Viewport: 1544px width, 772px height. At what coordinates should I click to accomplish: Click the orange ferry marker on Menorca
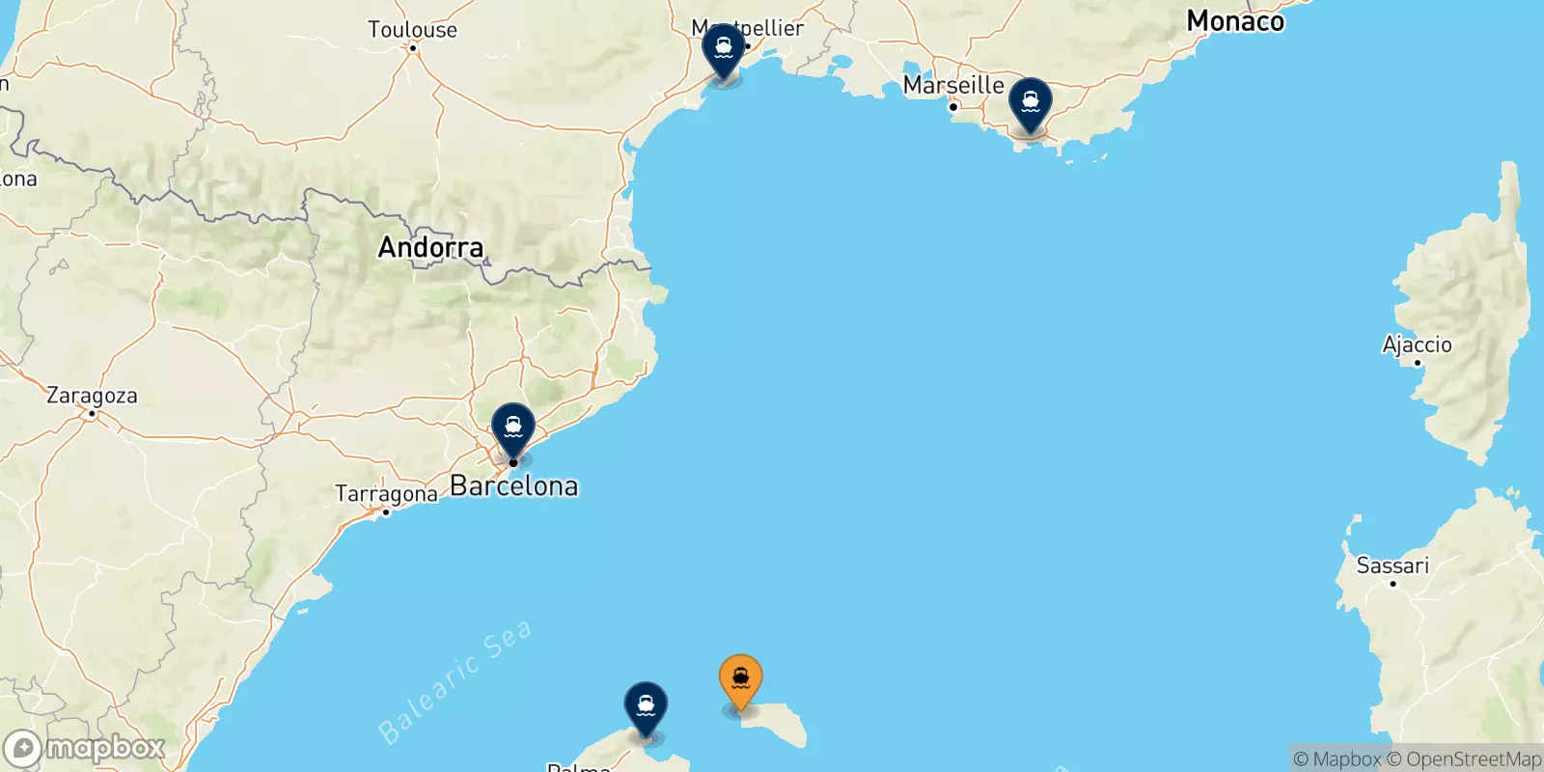tap(740, 679)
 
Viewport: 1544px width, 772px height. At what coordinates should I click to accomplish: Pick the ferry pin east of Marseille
tap(1031, 103)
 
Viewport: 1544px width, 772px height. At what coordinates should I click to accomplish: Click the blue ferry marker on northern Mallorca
tap(646, 707)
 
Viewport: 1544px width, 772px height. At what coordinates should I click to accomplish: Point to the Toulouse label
tap(412, 29)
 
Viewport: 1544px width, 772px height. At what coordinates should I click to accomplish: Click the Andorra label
tap(430, 247)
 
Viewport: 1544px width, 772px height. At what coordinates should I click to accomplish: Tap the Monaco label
tap(1235, 21)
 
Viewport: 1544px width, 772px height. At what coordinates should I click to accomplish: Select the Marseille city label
tap(953, 85)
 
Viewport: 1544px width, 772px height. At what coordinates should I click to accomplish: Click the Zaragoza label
tap(92, 396)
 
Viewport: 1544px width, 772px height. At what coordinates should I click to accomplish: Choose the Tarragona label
tap(386, 494)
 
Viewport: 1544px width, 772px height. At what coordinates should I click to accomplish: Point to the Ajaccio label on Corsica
tap(1417, 345)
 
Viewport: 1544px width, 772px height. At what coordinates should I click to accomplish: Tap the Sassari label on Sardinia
tap(1392, 565)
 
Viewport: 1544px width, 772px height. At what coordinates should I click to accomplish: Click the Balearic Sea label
tap(455, 681)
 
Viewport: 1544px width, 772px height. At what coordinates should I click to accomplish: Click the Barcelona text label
tap(514, 486)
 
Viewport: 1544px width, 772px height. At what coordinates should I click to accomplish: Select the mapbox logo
tap(84, 748)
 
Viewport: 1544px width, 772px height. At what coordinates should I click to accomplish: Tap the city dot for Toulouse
tap(413, 48)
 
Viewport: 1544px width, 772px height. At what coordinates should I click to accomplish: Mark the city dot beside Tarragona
tap(386, 511)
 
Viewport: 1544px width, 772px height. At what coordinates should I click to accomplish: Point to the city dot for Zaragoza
tap(92, 413)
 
